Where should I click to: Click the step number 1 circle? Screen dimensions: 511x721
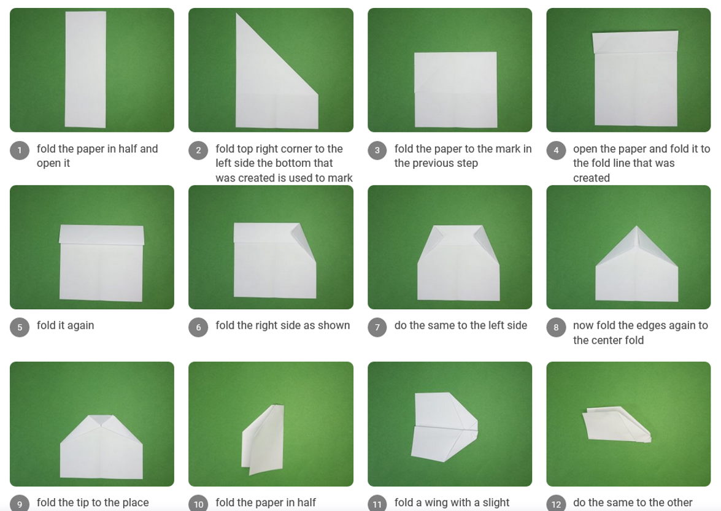20,150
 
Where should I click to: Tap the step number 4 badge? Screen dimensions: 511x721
556,150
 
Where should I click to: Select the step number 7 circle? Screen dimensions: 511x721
377,327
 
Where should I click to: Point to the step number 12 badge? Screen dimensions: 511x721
556,504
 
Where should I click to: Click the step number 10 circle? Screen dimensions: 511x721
198,504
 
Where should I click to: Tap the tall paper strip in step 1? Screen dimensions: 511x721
85,69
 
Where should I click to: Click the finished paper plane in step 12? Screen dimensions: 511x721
615,425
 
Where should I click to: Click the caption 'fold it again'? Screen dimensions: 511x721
65,326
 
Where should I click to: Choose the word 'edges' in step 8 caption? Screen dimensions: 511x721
641,326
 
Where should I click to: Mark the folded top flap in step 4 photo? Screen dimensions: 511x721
635,42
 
